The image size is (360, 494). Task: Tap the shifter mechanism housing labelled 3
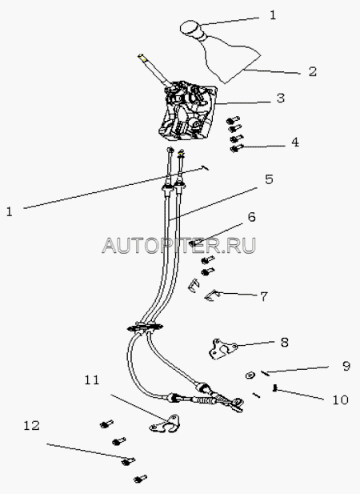click(188, 112)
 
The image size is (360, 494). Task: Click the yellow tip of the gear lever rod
click(142, 57)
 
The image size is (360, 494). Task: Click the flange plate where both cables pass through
click(145, 328)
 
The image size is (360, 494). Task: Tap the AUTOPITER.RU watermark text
click(178, 246)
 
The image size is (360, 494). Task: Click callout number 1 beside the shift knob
click(273, 15)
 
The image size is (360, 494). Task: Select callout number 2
click(312, 71)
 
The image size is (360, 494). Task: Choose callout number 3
click(280, 98)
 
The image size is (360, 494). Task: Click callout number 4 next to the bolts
click(294, 142)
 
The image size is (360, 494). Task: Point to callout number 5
click(269, 179)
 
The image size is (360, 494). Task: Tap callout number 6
click(251, 217)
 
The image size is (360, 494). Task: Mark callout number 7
click(264, 296)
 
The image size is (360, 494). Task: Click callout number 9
click(346, 366)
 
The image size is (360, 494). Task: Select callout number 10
click(341, 400)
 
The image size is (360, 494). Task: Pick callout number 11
click(92, 380)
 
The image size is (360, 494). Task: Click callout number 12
click(32, 426)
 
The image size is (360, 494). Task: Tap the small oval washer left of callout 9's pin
click(250, 375)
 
